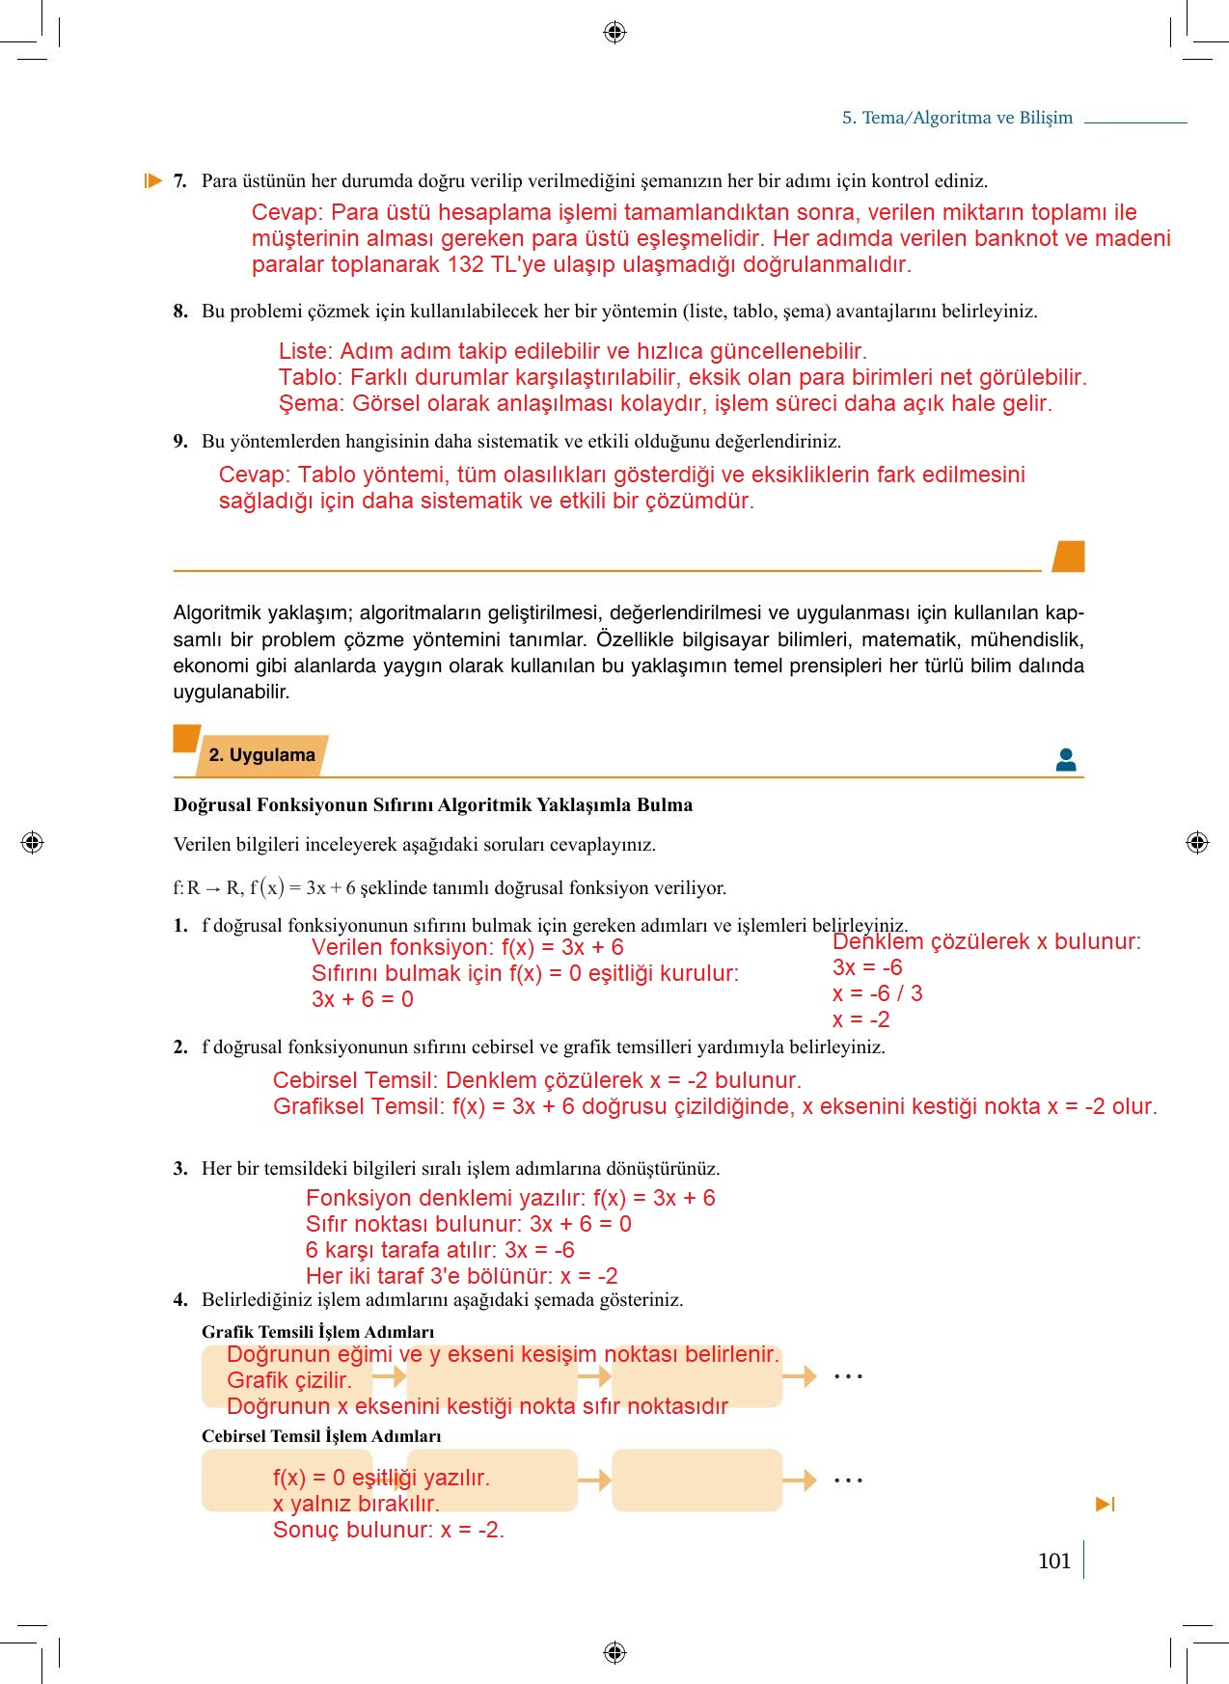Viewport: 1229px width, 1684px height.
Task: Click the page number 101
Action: (x=1054, y=1561)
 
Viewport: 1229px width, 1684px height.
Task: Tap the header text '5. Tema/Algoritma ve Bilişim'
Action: (x=957, y=118)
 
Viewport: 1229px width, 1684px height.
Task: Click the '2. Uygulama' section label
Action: (x=261, y=755)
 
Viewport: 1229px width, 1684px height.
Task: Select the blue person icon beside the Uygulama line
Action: (x=1066, y=760)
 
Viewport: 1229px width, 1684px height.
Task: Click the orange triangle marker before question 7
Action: (x=152, y=180)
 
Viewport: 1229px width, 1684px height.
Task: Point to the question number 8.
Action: (x=180, y=312)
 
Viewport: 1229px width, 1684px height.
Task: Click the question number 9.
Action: (x=180, y=442)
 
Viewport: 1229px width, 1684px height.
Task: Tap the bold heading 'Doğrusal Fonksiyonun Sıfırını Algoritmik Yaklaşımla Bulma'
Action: (x=432, y=804)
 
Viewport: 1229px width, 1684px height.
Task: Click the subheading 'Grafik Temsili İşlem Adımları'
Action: (x=317, y=1332)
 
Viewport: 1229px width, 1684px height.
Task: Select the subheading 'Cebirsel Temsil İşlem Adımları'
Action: (x=321, y=1436)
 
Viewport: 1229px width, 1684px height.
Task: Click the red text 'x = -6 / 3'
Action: (x=877, y=993)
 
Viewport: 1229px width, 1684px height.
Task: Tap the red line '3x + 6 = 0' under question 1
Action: (x=363, y=999)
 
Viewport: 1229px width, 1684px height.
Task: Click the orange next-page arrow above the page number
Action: (x=1106, y=1505)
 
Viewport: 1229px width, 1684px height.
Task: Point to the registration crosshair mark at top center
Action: (x=614, y=32)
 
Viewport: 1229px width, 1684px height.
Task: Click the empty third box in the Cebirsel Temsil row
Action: (x=696, y=1480)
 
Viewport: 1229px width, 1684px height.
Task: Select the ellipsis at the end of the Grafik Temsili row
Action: (x=848, y=1376)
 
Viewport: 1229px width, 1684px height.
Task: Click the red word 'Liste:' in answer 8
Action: (x=306, y=351)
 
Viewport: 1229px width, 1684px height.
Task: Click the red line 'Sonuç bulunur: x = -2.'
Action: (x=388, y=1530)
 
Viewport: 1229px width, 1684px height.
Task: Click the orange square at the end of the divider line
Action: (x=1069, y=557)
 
